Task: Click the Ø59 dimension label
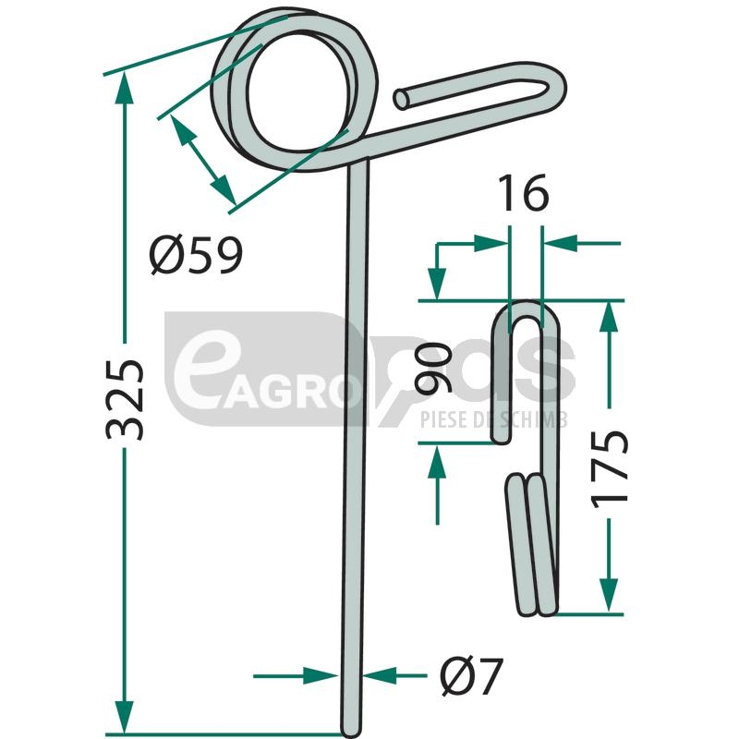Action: click(196, 255)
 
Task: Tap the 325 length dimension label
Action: click(124, 400)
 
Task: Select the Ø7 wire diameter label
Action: click(472, 677)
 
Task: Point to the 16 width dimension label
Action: click(524, 193)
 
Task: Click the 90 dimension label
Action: click(432, 368)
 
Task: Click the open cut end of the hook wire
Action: click(402, 100)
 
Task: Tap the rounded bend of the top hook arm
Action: click(555, 88)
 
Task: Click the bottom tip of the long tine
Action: click(351, 732)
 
